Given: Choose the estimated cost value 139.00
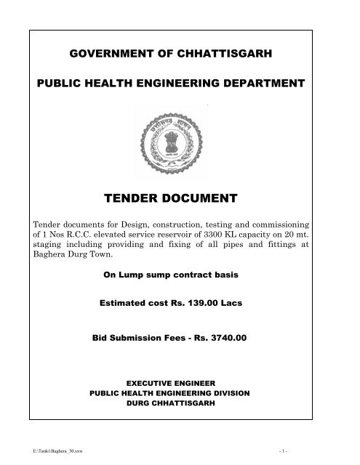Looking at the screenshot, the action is click(204, 306).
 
